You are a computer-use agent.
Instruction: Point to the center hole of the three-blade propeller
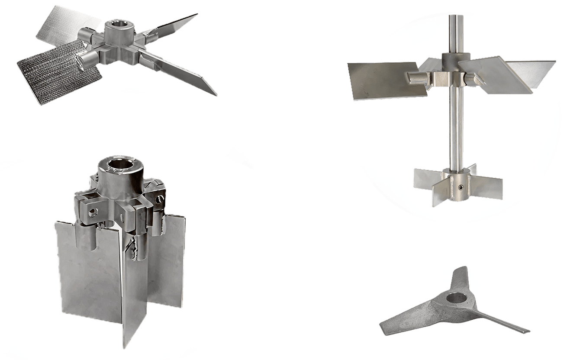point(455,298)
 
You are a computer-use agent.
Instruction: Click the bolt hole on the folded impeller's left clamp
point(91,212)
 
